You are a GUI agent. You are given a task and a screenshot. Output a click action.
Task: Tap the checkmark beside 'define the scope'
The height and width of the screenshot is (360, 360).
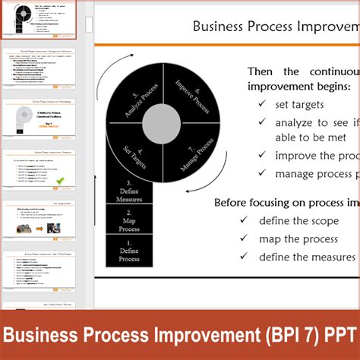(244, 220)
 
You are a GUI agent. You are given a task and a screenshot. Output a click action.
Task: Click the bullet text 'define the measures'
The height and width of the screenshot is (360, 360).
(307, 257)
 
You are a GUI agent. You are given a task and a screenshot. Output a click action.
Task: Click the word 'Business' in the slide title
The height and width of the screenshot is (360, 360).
(220, 27)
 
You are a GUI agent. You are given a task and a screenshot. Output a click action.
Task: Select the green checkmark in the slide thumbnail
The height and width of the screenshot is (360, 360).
(60, 181)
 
